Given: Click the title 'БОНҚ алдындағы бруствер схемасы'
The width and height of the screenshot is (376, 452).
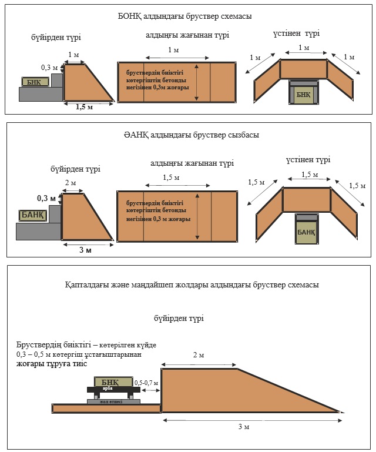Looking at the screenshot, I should click(x=185, y=16).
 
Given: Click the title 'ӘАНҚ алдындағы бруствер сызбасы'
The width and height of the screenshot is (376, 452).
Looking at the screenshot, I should click(x=187, y=135).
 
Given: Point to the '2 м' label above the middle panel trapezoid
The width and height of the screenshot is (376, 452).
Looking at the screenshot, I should click(x=70, y=183).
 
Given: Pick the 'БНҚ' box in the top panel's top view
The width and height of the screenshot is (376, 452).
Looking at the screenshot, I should click(x=303, y=95).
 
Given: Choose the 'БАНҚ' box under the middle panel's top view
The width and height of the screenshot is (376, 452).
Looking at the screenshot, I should click(x=305, y=233).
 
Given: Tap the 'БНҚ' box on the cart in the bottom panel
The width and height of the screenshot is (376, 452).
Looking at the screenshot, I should click(x=109, y=382).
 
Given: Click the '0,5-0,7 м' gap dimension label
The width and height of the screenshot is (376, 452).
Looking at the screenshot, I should click(x=146, y=383).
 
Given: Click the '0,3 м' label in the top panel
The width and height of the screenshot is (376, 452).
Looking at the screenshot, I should click(x=49, y=68).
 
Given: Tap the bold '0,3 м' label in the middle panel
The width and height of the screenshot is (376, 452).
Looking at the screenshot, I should click(x=46, y=199).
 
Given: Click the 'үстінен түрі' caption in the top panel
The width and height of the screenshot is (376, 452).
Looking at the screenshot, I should click(x=297, y=34).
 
